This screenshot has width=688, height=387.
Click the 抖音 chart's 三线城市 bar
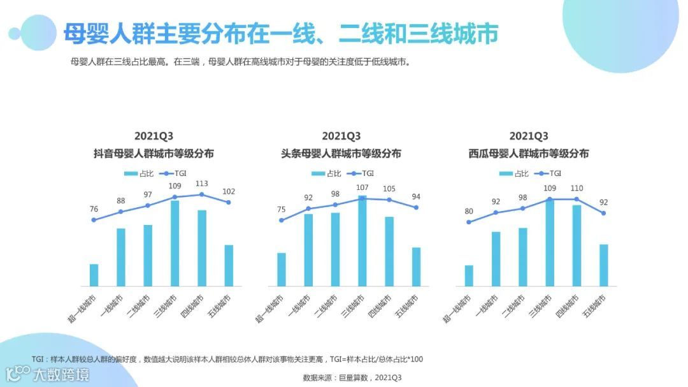(x=175, y=244)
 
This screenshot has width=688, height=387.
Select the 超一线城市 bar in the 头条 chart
(x=282, y=269)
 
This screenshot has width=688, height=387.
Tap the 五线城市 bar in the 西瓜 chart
(x=603, y=265)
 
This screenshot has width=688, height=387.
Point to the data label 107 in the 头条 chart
(x=362, y=187)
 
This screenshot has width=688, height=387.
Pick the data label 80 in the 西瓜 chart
(x=469, y=212)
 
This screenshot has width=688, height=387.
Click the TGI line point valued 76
(x=94, y=220)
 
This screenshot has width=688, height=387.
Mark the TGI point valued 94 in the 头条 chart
(x=416, y=207)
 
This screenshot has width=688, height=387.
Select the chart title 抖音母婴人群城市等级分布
(x=154, y=154)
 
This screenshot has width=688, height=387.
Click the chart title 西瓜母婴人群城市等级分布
(x=529, y=154)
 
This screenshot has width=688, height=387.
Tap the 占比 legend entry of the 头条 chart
(x=327, y=173)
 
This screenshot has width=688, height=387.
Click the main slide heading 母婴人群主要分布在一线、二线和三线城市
(x=280, y=34)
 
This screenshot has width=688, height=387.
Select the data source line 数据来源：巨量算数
(x=352, y=377)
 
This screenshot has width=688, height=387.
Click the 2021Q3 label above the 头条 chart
(x=341, y=136)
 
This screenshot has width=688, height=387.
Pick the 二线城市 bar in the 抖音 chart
(x=148, y=255)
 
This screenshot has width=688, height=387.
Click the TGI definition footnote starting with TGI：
(x=227, y=360)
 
